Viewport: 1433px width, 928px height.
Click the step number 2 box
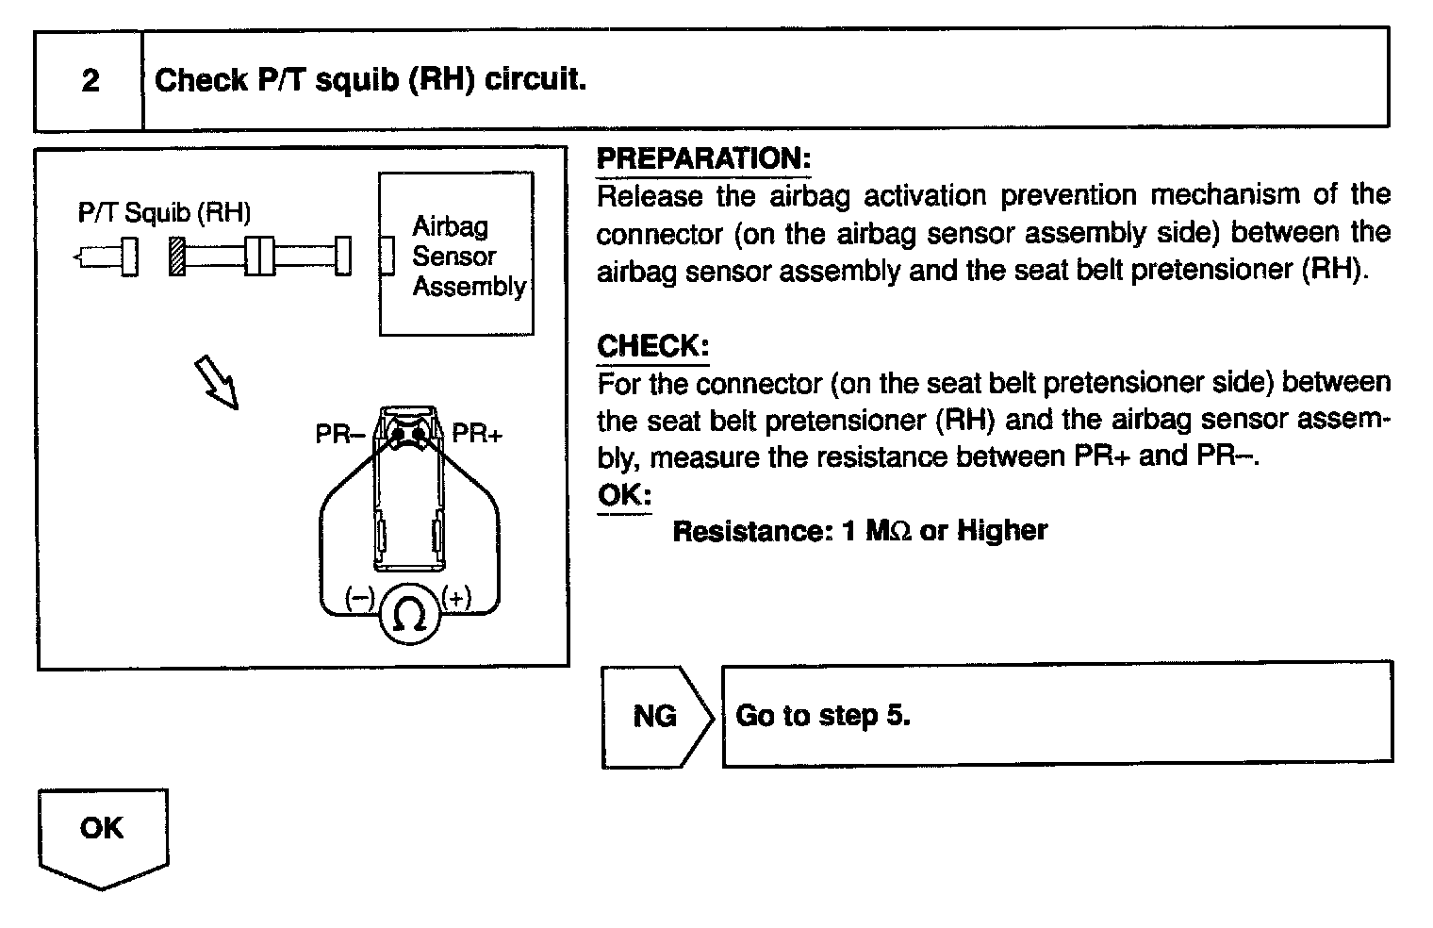click(x=90, y=80)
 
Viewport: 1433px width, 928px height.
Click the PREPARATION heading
click(x=703, y=158)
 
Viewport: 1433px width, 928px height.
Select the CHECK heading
click(x=652, y=346)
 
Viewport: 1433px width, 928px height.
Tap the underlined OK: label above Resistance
click(x=624, y=495)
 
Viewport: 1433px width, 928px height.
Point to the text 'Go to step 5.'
click(x=823, y=716)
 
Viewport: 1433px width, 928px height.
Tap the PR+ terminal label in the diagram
click(x=477, y=434)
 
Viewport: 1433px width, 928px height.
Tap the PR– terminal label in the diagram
click(x=339, y=435)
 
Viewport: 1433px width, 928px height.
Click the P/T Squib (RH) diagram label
click(x=164, y=213)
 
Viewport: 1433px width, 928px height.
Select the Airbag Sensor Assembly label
click(x=468, y=257)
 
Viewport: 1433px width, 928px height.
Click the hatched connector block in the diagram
click(x=175, y=257)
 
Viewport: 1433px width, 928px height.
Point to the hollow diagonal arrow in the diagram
click(x=216, y=382)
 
